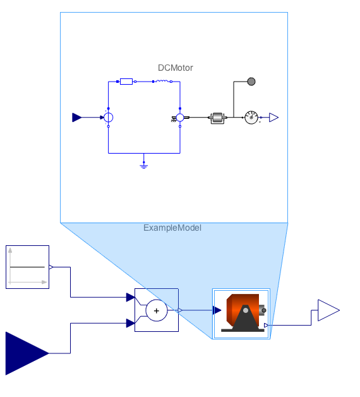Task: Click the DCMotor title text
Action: pos(176,68)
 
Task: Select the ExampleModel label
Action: pos(172,228)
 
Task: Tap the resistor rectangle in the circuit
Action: pos(126,82)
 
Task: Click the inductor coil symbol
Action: pos(162,81)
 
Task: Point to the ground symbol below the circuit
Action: pos(144,166)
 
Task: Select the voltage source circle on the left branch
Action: pos(109,118)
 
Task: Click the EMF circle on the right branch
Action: pos(180,118)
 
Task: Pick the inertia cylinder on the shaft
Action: pos(217,118)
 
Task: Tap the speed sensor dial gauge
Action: pos(251,118)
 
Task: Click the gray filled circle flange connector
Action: pos(251,82)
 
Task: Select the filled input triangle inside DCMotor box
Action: pos(76,118)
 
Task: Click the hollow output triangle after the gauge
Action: pos(273,118)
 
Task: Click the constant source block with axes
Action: pos(27,267)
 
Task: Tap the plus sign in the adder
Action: pos(157,310)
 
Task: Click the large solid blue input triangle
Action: pos(27,353)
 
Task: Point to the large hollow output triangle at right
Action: pos(328,310)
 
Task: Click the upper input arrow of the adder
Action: pos(131,297)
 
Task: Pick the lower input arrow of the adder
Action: pos(131,323)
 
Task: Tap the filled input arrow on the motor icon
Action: pos(217,310)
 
